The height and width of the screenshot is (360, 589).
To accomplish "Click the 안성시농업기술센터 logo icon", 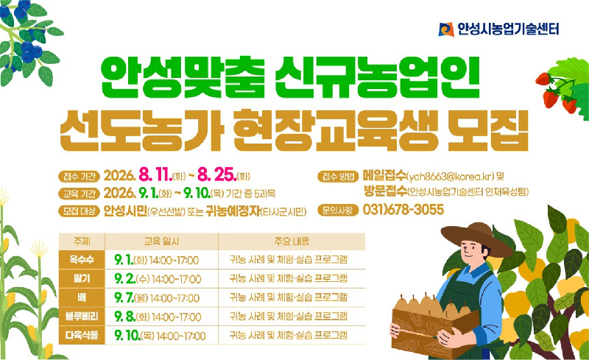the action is point(446,29).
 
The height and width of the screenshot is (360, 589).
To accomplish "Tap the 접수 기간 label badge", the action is point(79,176).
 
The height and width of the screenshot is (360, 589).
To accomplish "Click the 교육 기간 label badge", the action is point(79,194).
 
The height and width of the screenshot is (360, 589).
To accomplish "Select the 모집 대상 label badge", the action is point(79,211).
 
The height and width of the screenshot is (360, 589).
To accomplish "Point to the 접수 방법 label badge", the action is point(338,176).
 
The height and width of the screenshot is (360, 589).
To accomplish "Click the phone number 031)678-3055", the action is point(403,210).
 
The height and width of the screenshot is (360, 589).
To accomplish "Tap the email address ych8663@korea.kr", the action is point(451,177).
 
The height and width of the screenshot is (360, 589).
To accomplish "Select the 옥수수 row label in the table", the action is point(82,260).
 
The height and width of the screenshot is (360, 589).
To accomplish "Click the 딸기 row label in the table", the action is point(82,278).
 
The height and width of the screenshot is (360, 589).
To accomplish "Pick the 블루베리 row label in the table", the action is point(82,317).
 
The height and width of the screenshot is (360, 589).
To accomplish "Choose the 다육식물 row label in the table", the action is point(82,335).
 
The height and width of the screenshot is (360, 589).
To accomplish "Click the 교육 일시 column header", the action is point(161,241).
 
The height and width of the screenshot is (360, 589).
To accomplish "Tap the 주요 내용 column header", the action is point(292,241).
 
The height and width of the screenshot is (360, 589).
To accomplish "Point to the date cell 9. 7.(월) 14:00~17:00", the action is point(157,298).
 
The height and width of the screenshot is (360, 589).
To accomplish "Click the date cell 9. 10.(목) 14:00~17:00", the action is point(160,336).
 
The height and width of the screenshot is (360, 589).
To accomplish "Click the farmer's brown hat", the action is point(476,238).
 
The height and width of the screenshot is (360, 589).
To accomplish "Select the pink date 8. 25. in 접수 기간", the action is point(216,175).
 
